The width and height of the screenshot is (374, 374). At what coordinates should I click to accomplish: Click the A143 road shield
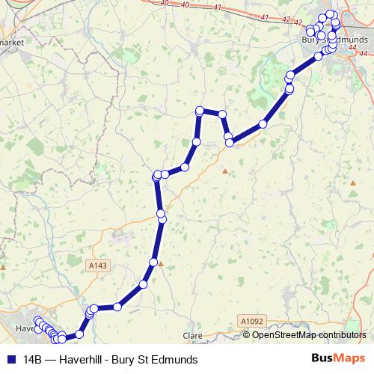click(97, 265)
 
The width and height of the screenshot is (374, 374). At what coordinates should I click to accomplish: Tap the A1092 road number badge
click(253, 321)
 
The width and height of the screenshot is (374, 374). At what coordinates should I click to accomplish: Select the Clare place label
click(194, 336)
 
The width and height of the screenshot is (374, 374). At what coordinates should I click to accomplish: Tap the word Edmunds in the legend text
click(175, 359)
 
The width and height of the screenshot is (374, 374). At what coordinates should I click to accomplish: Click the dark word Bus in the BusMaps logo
click(322, 358)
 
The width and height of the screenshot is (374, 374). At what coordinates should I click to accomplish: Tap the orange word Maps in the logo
click(349, 358)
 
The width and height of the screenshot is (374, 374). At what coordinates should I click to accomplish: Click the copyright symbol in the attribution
click(247, 335)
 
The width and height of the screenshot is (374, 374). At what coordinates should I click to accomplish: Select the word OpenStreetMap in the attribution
click(284, 335)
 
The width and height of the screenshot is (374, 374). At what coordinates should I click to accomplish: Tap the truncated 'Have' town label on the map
click(25, 328)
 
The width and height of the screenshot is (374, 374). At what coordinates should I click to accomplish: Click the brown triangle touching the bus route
click(159, 263)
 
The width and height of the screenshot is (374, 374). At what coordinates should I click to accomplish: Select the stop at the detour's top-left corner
click(200, 111)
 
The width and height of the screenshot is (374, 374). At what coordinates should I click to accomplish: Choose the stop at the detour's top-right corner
click(222, 114)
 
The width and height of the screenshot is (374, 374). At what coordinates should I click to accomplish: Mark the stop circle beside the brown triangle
click(153, 262)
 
